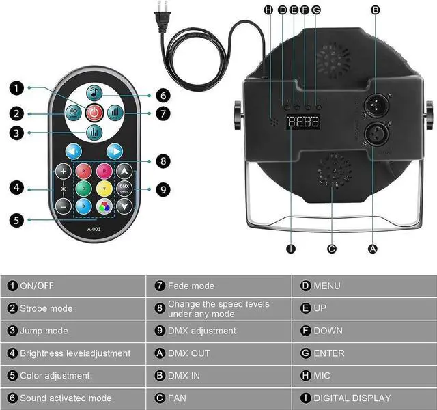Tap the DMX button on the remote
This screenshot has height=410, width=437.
coord(124,189)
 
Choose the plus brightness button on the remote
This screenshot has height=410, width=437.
coord(63,171)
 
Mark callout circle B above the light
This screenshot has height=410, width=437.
coord(375,10)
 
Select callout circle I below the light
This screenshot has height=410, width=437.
coord(291,249)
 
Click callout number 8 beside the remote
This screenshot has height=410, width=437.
coord(161,161)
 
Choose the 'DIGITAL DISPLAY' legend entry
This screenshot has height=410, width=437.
coord(352,398)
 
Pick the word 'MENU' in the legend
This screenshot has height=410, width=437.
coord(326,286)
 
